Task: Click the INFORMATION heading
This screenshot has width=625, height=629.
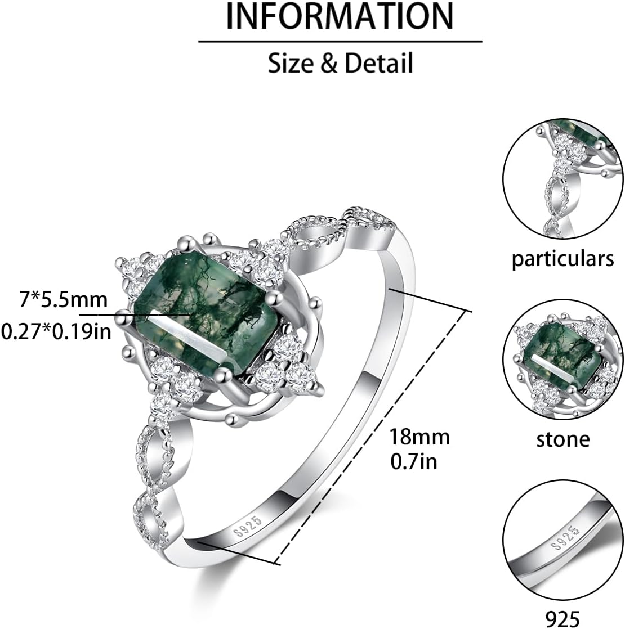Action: (x=340, y=17)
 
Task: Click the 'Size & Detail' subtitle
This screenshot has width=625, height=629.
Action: (x=340, y=63)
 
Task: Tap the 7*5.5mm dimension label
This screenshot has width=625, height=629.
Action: (x=62, y=300)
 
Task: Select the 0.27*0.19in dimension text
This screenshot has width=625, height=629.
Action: (x=55, y=331)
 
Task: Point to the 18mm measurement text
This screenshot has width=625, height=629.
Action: (x=419, y=436)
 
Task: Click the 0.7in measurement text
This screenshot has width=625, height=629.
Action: (x=413, y=461)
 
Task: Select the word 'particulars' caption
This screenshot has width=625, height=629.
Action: (x=562, y=259)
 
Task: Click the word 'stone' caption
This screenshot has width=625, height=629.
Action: (x=562, y=439)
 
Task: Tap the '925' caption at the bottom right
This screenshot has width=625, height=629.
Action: (x=562, y=616)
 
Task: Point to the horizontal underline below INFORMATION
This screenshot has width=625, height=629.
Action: (x=340, y=41)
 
